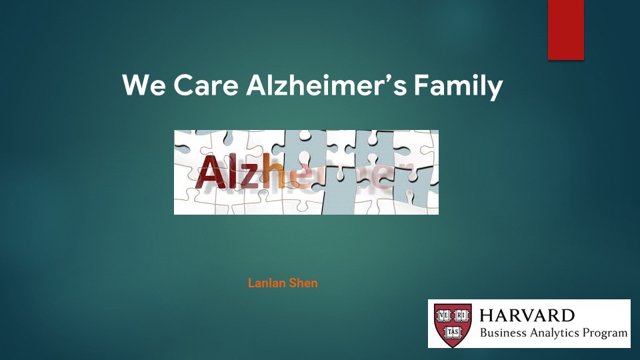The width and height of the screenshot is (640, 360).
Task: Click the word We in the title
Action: (144, 85)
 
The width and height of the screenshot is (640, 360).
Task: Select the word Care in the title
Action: (206, 85)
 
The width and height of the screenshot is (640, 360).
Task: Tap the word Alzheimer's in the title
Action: (326, 85)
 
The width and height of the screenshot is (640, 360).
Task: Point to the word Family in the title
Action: (459, 87)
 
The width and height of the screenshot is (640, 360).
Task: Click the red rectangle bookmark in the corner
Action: (566, 30)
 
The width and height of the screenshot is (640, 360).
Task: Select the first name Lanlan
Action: (267, 283)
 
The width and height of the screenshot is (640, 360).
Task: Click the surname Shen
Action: (303, 283)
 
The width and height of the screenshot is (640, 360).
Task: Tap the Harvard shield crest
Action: (453, 325)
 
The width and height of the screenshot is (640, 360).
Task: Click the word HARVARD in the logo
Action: (527, 315)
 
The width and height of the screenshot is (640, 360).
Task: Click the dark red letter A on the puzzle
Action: (211, 172)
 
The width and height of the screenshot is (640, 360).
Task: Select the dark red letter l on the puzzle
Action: (233, 171)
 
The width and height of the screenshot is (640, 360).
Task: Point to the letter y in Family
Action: (494, 90)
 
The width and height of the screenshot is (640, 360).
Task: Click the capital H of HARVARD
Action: (487, 315)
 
